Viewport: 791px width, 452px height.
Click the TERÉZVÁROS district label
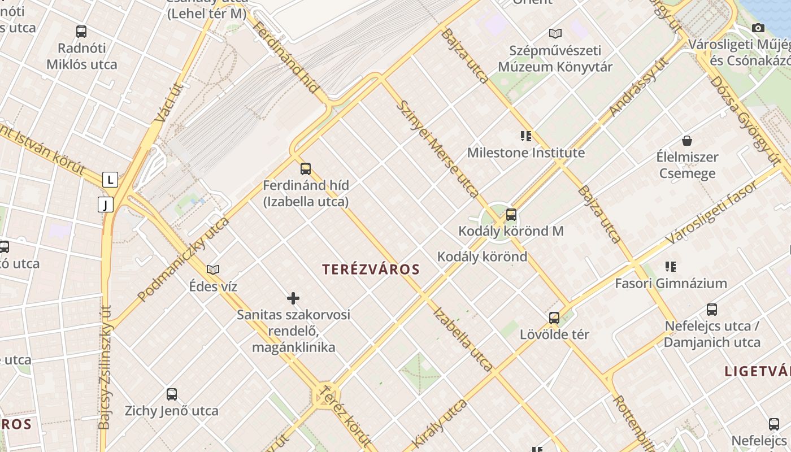371,270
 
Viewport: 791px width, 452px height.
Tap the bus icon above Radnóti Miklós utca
81,32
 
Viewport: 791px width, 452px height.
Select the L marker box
110,180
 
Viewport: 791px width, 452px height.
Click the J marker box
106,204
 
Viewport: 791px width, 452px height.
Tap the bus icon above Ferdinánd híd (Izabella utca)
306,168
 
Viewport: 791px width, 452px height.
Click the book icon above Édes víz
213,270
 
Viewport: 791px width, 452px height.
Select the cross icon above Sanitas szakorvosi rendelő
293,298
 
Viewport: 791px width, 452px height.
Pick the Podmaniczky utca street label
184,258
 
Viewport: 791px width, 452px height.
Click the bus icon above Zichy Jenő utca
172,394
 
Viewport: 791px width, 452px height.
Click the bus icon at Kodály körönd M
511,215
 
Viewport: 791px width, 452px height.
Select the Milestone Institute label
525,153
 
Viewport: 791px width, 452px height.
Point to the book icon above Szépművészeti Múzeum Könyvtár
555,33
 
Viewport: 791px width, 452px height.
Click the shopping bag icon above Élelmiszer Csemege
687,140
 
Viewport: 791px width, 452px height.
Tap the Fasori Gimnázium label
671,283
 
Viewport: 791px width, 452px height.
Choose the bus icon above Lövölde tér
554,318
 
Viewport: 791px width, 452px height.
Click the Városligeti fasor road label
712,213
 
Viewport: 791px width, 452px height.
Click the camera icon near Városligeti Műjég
758,28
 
